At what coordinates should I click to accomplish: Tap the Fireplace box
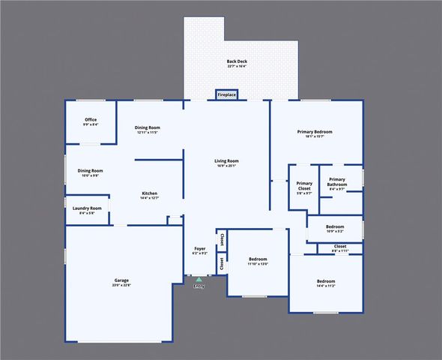pyautogui.click(x=227, y=95)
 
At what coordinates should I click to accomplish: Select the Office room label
pyautogui.click(x=90, y=121)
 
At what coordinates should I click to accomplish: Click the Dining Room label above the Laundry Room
pyautogui.click(x=90, y=172)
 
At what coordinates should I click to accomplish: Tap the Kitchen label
pyautogui.click(x=150, y=195)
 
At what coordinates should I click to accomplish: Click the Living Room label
pyautogui.click(x=226, y=163)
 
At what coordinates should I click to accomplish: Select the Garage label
pyautogui.click(x=121, y=282)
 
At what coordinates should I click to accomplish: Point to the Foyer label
pyautogui.click(x=199, y=250)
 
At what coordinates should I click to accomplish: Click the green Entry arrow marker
pyautogui.click(x=199, y=280)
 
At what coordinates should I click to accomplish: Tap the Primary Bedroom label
pyautogui.click(x=314, y=133)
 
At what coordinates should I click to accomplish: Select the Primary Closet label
pyautogui.click(x=304, y=187)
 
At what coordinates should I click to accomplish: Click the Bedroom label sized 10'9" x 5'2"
pyautogui.click(x=335, y=228)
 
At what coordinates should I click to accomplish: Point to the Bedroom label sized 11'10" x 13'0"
pyautogui.click(x=258, y=261)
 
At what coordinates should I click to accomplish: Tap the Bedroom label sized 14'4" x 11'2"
pyautogui.click(x=326, y=283)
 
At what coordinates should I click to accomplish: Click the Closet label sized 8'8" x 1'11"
pyautogui.click(x=340, y=247)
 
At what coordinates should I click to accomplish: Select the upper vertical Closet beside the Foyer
pyautogui.click(x=222, y=239)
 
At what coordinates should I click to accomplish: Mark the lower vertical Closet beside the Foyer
pyautogui.click(x=222, y=263)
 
